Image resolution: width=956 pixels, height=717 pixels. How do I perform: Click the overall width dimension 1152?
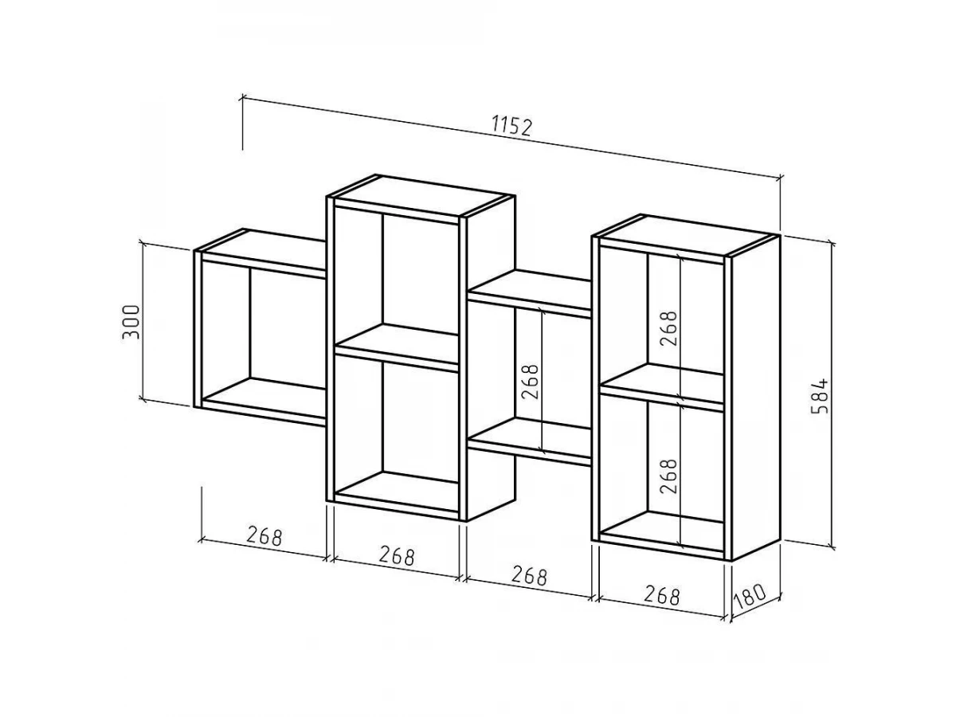[x=512, y=126]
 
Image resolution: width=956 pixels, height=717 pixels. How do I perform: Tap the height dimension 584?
[x=820, y=396]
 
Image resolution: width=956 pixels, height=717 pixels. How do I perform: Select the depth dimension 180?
[x=749, y=597]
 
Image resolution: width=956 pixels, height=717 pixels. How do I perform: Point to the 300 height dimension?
[x=131, y=322]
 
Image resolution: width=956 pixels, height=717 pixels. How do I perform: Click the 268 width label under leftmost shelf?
[x=264, y=535]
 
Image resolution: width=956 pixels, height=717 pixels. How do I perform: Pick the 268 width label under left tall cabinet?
[x=396, y=555]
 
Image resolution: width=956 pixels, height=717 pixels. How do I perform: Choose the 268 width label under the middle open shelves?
[x=529, y=575]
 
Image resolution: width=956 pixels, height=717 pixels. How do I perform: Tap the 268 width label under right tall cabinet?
[x=661, y=595]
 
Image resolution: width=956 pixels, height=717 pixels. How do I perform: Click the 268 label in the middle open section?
[x=531, y=382]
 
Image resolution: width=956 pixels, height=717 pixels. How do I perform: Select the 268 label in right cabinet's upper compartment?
[x=669, y=329]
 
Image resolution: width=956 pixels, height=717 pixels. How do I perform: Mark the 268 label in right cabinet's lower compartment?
[x=669, y=476]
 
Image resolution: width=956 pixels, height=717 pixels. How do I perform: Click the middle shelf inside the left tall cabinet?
[x=397, y=347]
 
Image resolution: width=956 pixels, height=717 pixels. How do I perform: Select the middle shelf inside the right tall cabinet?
[x=662, y=386]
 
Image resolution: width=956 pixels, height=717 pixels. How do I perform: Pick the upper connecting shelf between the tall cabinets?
[x=531, y=293]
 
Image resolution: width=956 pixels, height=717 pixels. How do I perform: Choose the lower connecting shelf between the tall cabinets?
[x=531, y=441]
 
